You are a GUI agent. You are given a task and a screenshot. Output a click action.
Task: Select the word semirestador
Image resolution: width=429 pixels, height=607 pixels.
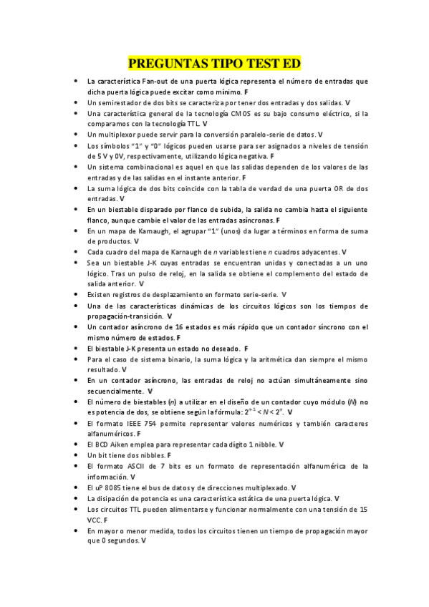coord(120,103)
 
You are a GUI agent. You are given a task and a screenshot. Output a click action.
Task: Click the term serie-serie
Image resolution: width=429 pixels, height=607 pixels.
coord(257,294)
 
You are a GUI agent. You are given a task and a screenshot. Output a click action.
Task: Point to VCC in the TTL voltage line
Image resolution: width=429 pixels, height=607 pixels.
coord(95,520)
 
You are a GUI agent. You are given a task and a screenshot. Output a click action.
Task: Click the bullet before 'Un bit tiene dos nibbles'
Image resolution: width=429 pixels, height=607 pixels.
coord(76,455)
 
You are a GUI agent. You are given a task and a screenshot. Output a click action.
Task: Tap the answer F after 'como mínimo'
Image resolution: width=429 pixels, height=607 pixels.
coord(246,92)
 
